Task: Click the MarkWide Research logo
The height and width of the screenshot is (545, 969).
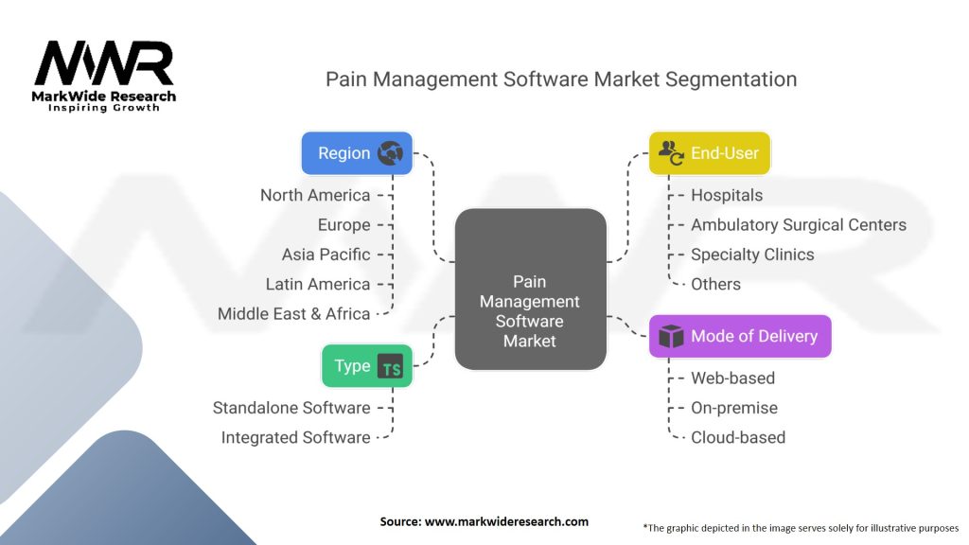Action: (x=105, y=75)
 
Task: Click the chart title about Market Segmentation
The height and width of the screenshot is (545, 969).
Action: (x=561, y=79)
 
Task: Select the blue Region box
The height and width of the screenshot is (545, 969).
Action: (x=357, y=153)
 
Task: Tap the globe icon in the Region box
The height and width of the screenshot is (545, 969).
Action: (x=389, y=153)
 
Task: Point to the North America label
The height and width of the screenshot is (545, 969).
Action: (x=315, y=195)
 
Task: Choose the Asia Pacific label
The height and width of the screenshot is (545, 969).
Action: (x=326, y=255)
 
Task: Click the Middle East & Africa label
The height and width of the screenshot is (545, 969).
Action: (x=293, y=313)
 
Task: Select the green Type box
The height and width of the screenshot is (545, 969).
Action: (x=367, y=366)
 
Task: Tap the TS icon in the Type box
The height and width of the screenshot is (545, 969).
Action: (x=390, y=367)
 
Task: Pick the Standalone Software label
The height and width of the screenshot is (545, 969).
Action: (x=291, y=408)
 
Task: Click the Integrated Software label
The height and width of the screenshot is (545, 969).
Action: (x=295, y=437)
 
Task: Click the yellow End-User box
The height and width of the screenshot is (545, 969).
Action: (x=710, y=153)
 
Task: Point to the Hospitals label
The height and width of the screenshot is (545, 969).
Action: (x=727, y=195)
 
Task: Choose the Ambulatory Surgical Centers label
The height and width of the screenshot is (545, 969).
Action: (x=799, y=224)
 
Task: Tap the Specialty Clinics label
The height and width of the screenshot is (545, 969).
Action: (x=752, y=255)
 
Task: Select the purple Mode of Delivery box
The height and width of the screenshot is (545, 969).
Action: (x=740, y=336)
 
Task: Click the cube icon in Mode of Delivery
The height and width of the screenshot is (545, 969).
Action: (x=671, y=337)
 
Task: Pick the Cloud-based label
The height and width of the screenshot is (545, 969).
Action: (x=738, y=437)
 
